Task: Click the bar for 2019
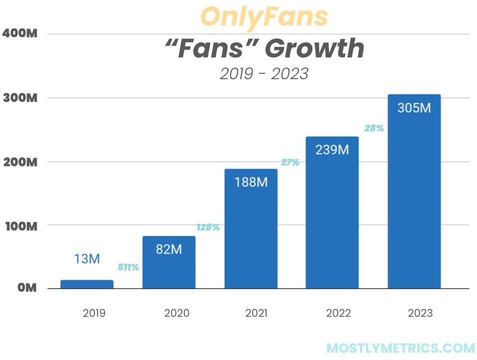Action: [x=87, y=284]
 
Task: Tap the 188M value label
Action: [x=250, y=182]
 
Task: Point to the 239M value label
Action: [x=332, y=149]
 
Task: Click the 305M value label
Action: [x=414, y=107]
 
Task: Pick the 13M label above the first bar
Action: [x=87, y=259]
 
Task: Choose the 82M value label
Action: [x=169, y=249]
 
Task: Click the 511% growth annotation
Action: [x=128, y=267]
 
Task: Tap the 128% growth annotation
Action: [x=208, y=227]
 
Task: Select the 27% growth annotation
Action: [x=290, y=162]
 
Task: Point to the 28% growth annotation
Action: [x=374, y=128]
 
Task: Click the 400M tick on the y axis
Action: [x=20, y=34]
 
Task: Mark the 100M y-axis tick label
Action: [x=20, y=225]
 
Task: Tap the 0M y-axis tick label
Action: [x=25, y=289]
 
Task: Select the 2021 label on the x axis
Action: [x=256, y=313]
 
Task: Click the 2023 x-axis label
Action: [x=420, y=313]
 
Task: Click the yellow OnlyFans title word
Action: [x=264, y=17]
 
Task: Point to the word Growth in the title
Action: [x=314, y=48]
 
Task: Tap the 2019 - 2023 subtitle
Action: [x=264, y=73]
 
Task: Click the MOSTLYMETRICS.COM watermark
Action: [x=400, y=348]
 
